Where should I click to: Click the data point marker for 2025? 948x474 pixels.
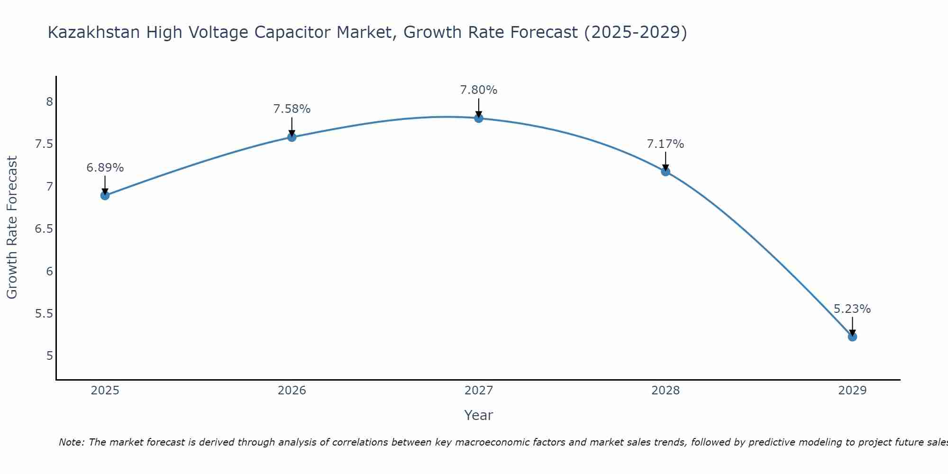(105, 195)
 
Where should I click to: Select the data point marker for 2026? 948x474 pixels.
(292, 137)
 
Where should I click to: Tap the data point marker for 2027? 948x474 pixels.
(479, 118)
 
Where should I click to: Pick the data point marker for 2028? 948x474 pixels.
(665, 172)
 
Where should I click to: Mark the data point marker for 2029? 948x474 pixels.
(852, 337)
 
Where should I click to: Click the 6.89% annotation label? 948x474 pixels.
(105, 168)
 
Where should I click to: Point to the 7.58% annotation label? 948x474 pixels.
(292, 109)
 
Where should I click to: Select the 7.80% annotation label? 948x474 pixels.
(479, 90)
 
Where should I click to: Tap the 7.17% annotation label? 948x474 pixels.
(665, 144)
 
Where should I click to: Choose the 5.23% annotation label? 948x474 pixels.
(852, 309)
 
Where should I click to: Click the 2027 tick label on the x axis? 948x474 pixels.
(479, 391)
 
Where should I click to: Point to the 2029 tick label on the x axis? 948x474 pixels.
(852, 391)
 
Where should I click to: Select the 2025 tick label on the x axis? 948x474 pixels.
(105, 391)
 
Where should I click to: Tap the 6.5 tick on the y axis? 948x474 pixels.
(44, 229)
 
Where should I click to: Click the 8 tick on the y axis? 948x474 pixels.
(49, 102)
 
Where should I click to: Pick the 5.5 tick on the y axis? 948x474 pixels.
(44, 314)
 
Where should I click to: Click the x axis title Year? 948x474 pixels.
(479, 415)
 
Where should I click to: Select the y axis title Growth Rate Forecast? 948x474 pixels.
(12, 228)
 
